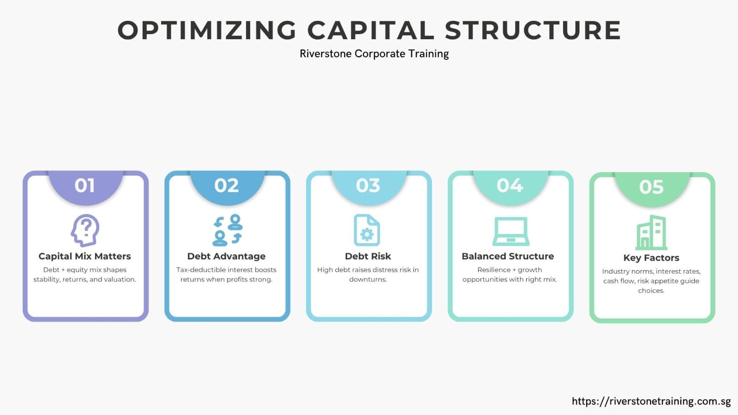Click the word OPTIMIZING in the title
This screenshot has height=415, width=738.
pyautogui.click(x=207, y=30)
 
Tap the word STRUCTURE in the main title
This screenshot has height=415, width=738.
pyautogui.click(x=533, y=30)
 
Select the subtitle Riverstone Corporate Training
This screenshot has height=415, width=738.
pyautogui.click(x=374, y=54)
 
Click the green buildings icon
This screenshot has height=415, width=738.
pyautogui.click(x=652, y=233)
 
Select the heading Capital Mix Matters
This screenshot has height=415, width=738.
pyautogui.click(x=84, y=256)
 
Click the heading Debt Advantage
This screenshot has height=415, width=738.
pyautogui.click(x=226, y=256)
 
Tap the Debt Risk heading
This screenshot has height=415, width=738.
pyautogui.click(x=368, y=256)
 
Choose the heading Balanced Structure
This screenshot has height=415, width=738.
pyautogui.click(x=508, y=256)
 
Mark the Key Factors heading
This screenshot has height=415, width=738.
pyautogui.click(x=651, y=258)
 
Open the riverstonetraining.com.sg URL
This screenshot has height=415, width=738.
pyautogui.click(x=651, y=401)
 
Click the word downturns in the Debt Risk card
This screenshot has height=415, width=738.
pyautogui.click(x=368, y=279)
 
